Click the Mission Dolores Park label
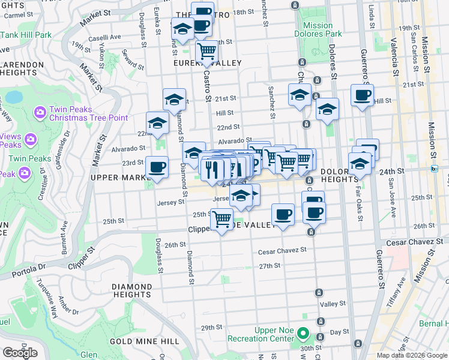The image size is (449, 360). pos(318,29)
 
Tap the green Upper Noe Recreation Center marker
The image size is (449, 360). pos(304,334)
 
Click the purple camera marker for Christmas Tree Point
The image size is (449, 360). pos(40,112)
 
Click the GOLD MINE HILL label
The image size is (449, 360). pos(145,341)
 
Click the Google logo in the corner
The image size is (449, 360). pos(20,353)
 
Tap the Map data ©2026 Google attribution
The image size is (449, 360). pos(412,355)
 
